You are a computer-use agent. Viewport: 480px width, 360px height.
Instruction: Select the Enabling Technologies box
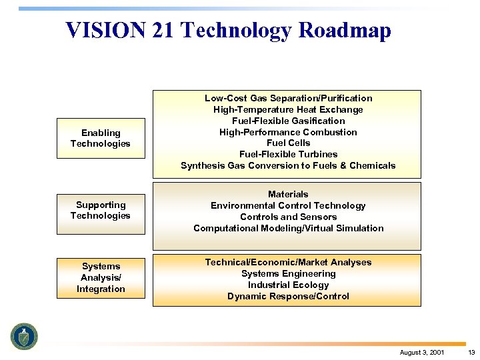coord(101,138)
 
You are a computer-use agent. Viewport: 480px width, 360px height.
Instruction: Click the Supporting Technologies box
coord(101,210)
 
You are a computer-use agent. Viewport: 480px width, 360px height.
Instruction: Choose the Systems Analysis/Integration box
coord(101,277)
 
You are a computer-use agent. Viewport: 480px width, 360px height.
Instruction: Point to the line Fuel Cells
coord(288,143)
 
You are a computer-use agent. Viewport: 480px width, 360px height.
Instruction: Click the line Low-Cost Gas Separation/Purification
coord(288,98)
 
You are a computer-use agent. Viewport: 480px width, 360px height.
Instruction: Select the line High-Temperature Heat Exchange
coord(288,109)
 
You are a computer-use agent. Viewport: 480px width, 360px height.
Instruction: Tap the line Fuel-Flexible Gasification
coord(288,121)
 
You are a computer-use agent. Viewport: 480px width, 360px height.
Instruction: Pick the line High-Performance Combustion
coord(288,132)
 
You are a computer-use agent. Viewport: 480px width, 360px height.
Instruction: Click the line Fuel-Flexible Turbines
coord(288,154)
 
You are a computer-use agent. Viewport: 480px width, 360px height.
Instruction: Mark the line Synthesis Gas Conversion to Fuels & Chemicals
coord(288,165)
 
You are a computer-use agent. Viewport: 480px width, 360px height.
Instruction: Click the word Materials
coord(288,194)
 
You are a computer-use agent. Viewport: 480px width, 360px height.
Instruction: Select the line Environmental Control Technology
coord(288,205)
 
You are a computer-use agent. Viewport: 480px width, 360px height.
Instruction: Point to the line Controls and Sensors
coord(288,217)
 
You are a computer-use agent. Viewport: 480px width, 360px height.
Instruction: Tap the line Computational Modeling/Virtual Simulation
coord(288,228)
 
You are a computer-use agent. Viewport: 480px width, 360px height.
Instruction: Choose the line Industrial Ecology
coord(288,285)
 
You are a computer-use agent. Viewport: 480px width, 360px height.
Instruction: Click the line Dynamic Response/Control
coord(288,296)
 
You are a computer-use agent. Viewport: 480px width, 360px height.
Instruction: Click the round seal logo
coord(25,336)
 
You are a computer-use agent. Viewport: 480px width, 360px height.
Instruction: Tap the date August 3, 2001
coord(422,352)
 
